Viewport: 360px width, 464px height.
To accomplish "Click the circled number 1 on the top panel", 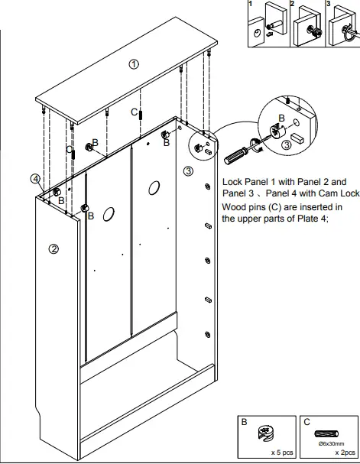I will (x=134, y=65).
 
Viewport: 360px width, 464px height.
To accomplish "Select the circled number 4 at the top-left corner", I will (x=36, y=179).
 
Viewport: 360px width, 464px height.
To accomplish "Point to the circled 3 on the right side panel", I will (x=188, y=171).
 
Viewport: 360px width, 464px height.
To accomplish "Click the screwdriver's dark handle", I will (x=235, y=154).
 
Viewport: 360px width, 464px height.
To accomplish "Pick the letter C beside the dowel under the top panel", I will (x=134, y=112).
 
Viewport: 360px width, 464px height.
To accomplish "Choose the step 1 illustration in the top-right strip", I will (x=267, y=24).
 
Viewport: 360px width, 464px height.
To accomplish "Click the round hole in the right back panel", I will (x=153, y=187).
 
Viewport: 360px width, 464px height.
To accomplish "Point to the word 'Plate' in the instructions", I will (x=295, y=219).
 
